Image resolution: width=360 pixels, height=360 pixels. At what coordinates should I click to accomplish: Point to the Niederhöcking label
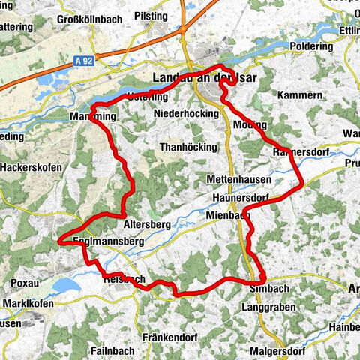coord(185,113)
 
